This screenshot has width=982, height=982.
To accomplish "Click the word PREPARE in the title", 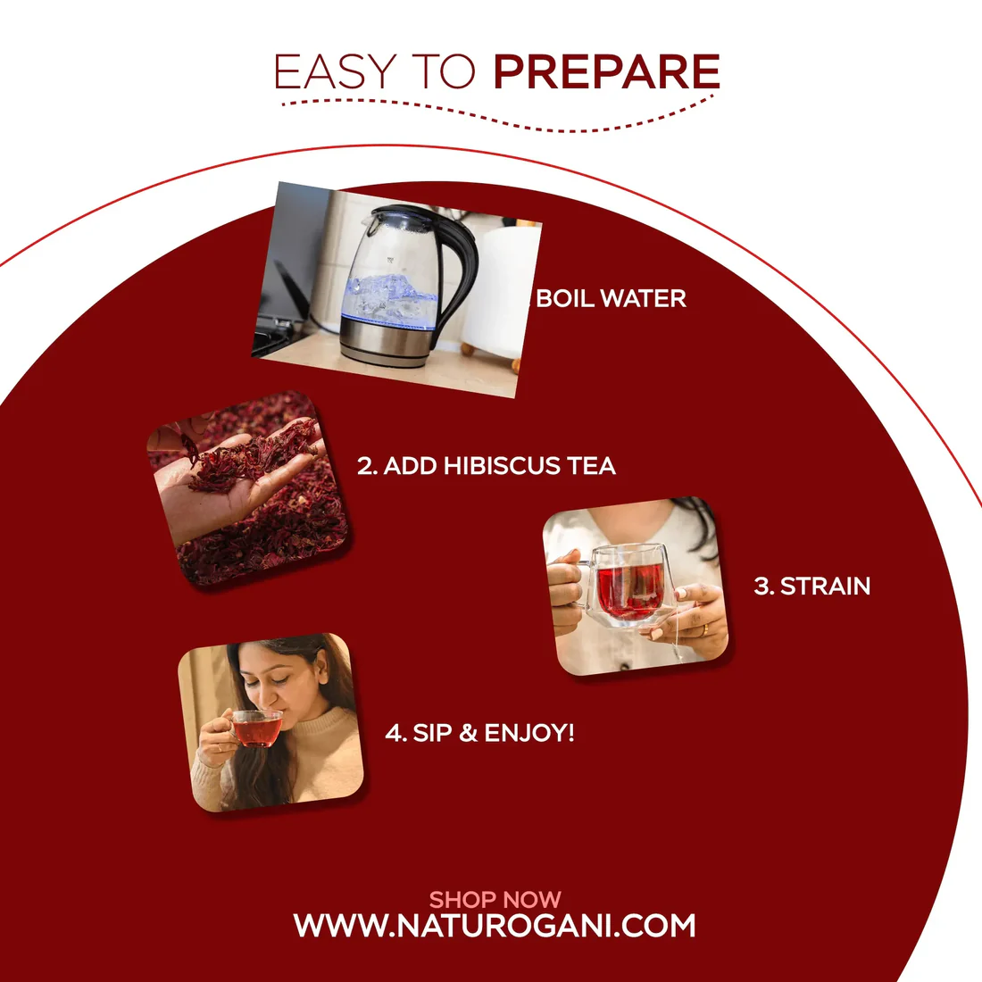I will pos(606,72).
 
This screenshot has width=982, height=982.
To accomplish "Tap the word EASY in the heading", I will pos(335,72).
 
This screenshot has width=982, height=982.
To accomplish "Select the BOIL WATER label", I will pos(612,298).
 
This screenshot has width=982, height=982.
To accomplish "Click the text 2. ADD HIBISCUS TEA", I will pos(487,466).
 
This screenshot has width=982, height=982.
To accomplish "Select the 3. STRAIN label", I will pos(811,587).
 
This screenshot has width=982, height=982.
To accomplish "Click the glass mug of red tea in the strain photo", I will pos(629,585).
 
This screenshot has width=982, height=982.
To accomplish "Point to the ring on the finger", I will pos(703,628).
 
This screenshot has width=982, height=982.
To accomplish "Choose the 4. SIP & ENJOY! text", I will pos(479,733).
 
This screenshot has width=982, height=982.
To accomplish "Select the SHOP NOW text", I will pos(495,899).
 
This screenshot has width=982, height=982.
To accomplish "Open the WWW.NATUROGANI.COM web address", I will pos(495,926).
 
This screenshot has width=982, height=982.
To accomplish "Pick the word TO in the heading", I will pos(444,72).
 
